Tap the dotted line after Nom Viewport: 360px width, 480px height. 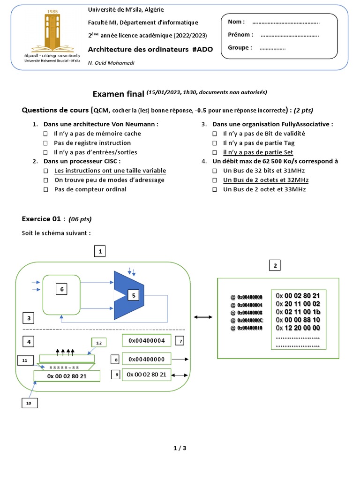tap(286, 22)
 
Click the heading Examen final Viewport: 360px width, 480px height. tap(119, 94)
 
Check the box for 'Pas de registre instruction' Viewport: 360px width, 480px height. tap(46, 143)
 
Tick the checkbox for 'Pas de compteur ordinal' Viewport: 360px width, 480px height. tap(46, 190)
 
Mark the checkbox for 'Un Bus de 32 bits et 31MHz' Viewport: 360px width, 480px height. tap(215, 171)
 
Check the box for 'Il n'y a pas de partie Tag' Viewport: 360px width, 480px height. tap(215, 143)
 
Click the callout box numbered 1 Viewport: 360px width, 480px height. tap(99, 252)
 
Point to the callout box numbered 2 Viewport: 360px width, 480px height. tap(275, 266)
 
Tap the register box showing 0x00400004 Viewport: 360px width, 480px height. tap(146, 340)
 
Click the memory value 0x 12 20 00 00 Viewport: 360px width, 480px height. tap(298, 328)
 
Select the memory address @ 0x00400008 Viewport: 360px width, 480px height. tap(247, 313)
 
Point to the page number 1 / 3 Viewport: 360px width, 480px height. tap(180, 448)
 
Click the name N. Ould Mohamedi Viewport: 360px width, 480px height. tap(111, 63)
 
